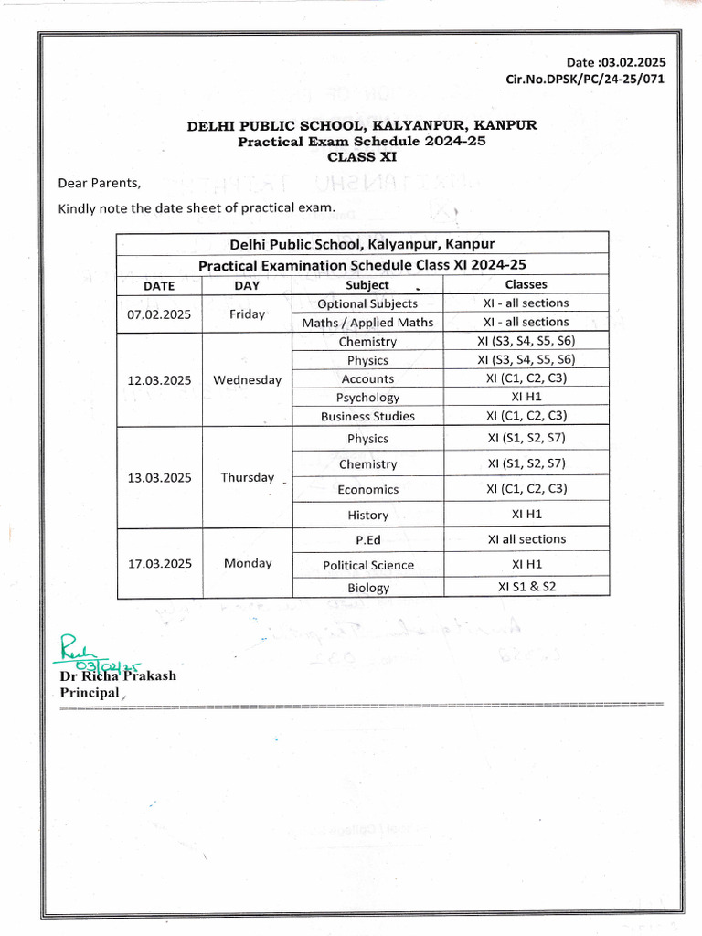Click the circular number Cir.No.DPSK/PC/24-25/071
tap(585, 79)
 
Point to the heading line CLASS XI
tap(363, 156)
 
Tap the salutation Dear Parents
tap(100, 183)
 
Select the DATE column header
tap(159, 285)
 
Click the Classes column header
tap(526, 284)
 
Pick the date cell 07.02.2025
tap(159, 314)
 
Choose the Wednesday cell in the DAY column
tap(247, 379)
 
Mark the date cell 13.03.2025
tap(159, 477)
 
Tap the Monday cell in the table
tap(248, 563)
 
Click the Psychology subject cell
tap(367, 398)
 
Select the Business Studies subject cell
tap(367, 416)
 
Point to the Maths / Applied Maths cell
tap(367, 323)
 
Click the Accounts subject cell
tap(367, 378)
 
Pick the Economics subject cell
tap(367, 489)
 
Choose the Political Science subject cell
tap(367, 565)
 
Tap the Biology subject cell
tap(367, 588)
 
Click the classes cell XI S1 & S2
tap(526, 587)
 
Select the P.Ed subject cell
tap(367, 540)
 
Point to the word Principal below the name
tap(90, 693)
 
